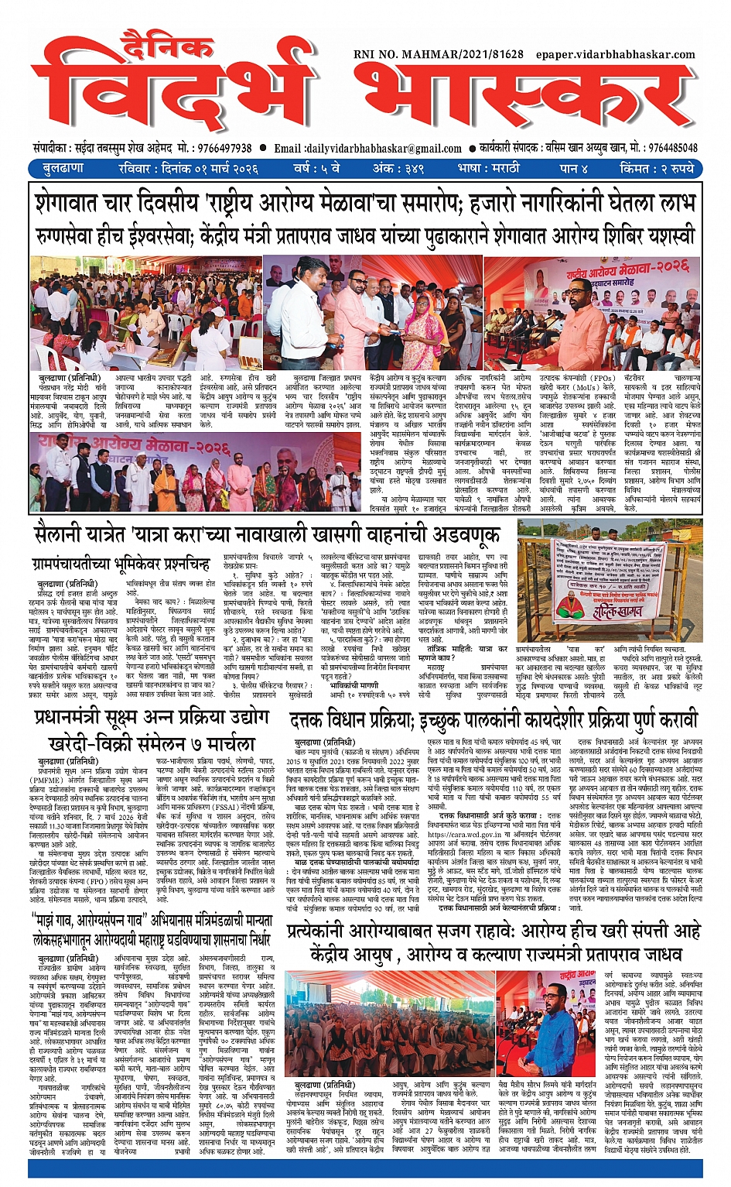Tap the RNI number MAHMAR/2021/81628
(438, 54)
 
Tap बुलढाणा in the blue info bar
(64, 168)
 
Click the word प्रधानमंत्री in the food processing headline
(82, 718)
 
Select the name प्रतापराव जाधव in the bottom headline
(613, 953)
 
